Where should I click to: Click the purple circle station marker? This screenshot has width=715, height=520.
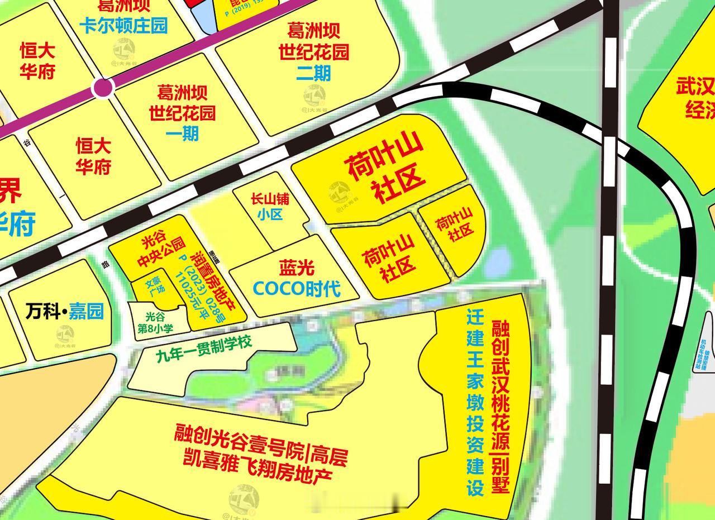click(103, 88)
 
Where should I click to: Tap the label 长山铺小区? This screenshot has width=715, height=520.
click(270, 207)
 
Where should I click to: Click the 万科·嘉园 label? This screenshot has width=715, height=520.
click(65, 312)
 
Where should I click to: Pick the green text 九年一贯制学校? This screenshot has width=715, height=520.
click(204, 347)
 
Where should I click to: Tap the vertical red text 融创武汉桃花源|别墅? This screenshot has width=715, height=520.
click(500, 406)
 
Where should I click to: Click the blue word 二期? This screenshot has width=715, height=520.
click(313, 73)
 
